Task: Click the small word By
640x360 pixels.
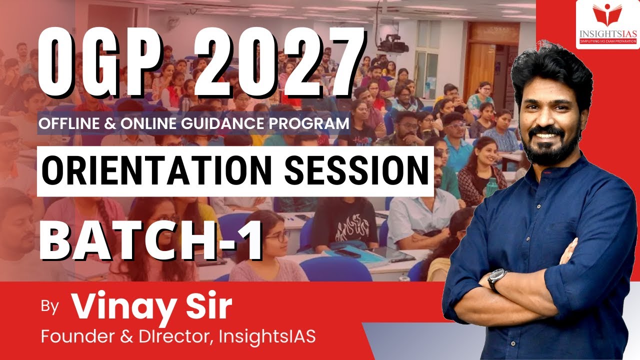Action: pos(50,306)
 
